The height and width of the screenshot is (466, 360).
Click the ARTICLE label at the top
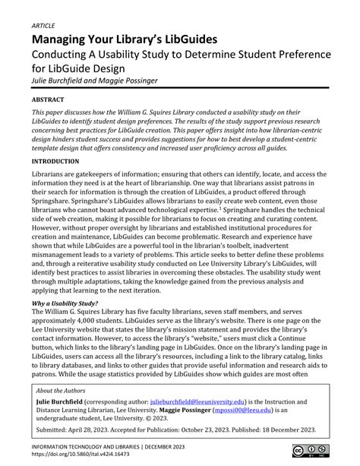[43, 25]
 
